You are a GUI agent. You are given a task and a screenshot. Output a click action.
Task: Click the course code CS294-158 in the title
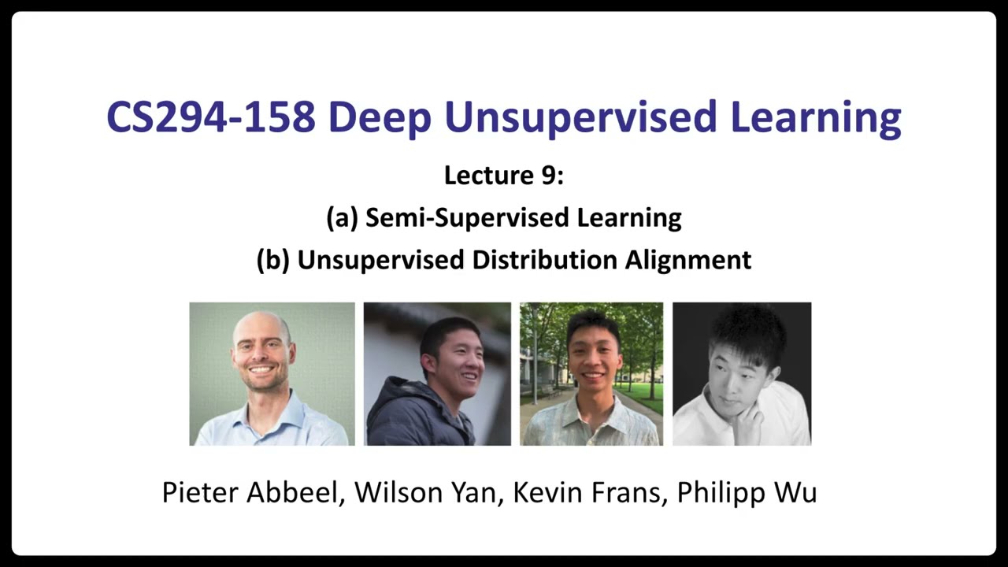click(x=211, y=117)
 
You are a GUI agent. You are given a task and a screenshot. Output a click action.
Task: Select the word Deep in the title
click(x=379, y=117)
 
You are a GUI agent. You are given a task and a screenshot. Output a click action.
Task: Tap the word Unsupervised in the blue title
click(x=580, y=117)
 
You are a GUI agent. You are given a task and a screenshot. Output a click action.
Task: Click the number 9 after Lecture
click(x=548, y=176)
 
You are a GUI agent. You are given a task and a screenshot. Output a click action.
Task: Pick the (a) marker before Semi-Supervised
click(x=342, y=217)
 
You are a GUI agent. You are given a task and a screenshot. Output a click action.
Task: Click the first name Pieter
click(x=200, y=492)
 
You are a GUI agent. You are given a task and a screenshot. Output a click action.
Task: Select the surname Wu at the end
click(x=795, y=492)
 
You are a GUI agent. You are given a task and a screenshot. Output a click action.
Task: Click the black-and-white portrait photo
click(x=742, y=374)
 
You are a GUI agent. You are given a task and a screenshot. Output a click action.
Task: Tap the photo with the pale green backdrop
click(x=272, y=374)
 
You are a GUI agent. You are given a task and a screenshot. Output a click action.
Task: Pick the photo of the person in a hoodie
click(x=437, y=374)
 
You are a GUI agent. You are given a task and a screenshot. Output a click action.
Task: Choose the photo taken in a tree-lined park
click(x=591, y=374)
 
